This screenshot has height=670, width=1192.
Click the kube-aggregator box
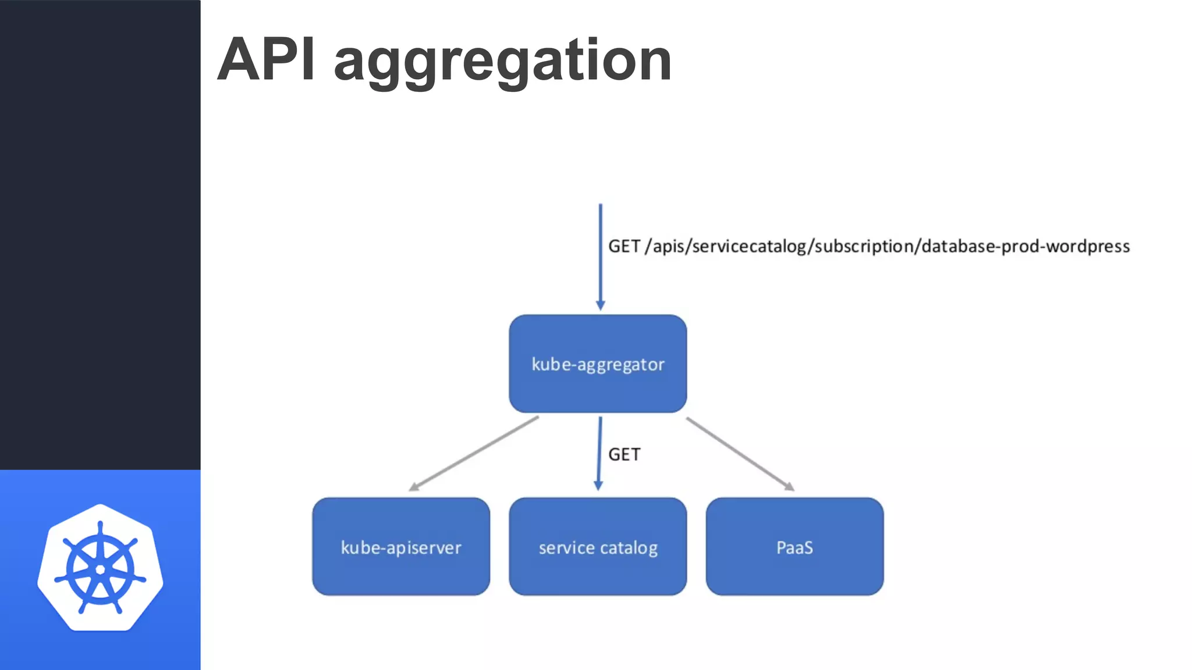point(598,363)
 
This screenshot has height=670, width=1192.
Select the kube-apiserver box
point(401,547)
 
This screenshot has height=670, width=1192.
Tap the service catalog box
point(598,547)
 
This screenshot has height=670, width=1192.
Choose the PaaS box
point(794,547)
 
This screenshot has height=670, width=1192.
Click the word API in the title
point(267,59)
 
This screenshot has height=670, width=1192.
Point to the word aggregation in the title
point(502,61)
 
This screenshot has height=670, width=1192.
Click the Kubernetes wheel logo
point(100,568)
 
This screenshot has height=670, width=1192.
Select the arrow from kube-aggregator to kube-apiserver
point(474,453)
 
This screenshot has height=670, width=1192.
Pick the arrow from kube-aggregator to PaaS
point(739,453)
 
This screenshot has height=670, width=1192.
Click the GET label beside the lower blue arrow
point(624,454)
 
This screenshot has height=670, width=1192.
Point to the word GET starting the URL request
point(624,247)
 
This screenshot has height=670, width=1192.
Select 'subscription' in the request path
point(864,247)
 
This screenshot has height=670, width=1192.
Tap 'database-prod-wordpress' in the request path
point(1026,247)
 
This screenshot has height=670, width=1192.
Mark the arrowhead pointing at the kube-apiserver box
point(414,487)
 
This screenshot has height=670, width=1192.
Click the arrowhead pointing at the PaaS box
point(789,487)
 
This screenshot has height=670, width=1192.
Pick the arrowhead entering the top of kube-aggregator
point(601,305)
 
